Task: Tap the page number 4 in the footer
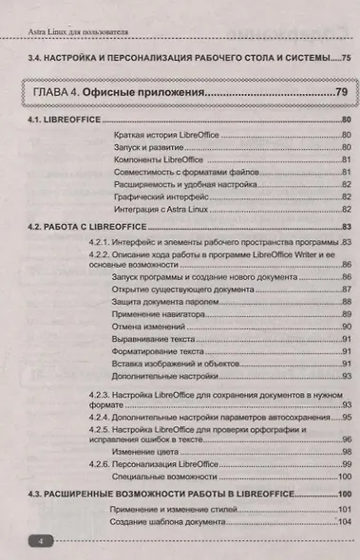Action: point(42,539)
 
